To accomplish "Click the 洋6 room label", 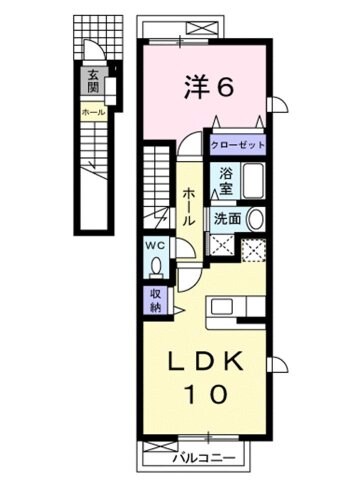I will (208, 87).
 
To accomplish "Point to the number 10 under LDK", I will (209, 393).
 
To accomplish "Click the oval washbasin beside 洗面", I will (254, 218).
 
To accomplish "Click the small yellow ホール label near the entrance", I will (91, 112).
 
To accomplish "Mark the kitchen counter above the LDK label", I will (230, 307).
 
